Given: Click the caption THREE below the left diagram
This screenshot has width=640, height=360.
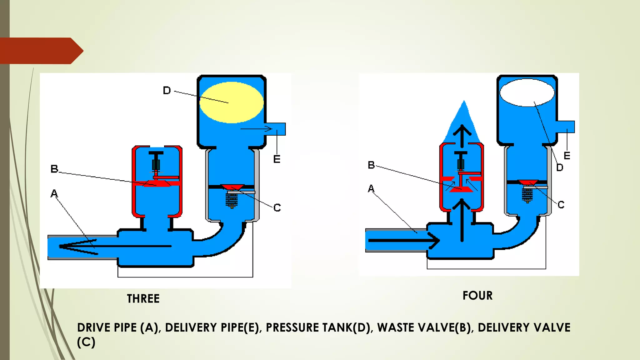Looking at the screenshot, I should click(x=143, y=299).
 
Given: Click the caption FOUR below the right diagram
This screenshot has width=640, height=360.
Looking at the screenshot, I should click(x=477, y=296).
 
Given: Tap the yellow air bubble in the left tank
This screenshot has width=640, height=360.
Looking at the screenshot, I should click(x=232, y=102).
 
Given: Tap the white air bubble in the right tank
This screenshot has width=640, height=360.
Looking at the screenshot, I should click(x=527, y=93).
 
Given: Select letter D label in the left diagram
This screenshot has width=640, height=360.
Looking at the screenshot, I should click(x=167, y=91).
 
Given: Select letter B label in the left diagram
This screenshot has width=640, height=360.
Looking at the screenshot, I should click(x=54, y=169).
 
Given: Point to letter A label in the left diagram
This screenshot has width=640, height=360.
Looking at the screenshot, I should click(x=54, y=193).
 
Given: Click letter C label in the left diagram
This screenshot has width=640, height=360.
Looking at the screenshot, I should click(x=277, y=207).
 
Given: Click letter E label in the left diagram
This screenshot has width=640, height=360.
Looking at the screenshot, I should click(x=277, y=159).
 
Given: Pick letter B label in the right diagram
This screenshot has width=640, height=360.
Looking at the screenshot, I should click(x=371, y=165).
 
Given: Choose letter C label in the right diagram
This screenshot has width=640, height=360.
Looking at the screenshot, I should click(x=561, y=205).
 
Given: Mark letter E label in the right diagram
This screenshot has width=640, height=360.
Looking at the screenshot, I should click(x=567, y=156).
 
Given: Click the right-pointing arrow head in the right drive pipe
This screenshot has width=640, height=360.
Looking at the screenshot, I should click(x=435, y=241).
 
